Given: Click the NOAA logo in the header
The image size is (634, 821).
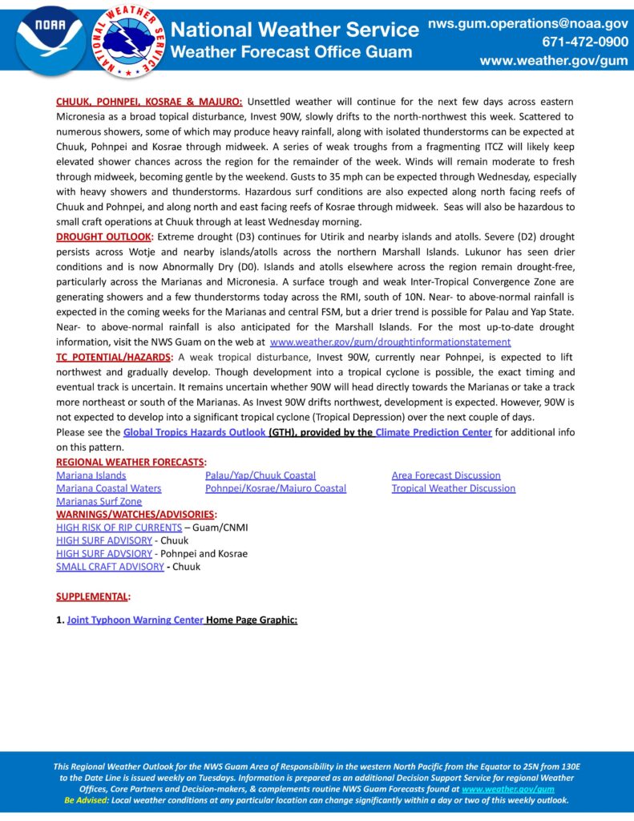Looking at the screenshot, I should point(50,41).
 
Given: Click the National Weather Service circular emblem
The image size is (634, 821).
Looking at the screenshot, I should point(130,41).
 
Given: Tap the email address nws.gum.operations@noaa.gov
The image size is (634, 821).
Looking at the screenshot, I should point(527,24).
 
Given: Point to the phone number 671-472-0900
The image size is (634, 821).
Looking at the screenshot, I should point(585,42).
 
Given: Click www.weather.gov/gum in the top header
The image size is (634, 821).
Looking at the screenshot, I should point(554,61).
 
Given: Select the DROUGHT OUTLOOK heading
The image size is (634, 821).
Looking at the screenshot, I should point(103,237).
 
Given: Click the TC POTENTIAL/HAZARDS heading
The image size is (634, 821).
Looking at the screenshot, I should point(113,356).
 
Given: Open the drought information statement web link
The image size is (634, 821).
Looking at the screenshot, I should point(390,342).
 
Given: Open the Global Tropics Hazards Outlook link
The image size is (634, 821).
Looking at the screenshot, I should point(194,433).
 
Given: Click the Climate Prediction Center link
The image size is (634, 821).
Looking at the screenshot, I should point(434,433).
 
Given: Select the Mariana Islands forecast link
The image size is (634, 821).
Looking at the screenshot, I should point(91,475).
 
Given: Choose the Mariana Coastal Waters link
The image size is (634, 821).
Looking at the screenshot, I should point(108,488).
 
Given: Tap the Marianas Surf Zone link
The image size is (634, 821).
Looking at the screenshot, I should point(99,501).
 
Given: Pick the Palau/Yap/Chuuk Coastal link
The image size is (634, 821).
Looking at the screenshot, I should point(260,475).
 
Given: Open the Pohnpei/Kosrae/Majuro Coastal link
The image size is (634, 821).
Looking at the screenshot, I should point(276,488).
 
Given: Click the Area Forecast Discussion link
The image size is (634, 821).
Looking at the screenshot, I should point(446,475).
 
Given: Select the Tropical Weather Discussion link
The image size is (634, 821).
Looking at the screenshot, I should point(453,488).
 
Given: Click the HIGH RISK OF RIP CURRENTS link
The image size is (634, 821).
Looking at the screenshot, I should point(119,528).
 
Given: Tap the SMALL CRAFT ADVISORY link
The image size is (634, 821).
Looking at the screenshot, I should point(110,567).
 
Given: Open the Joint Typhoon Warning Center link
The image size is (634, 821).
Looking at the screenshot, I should point(135,621).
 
